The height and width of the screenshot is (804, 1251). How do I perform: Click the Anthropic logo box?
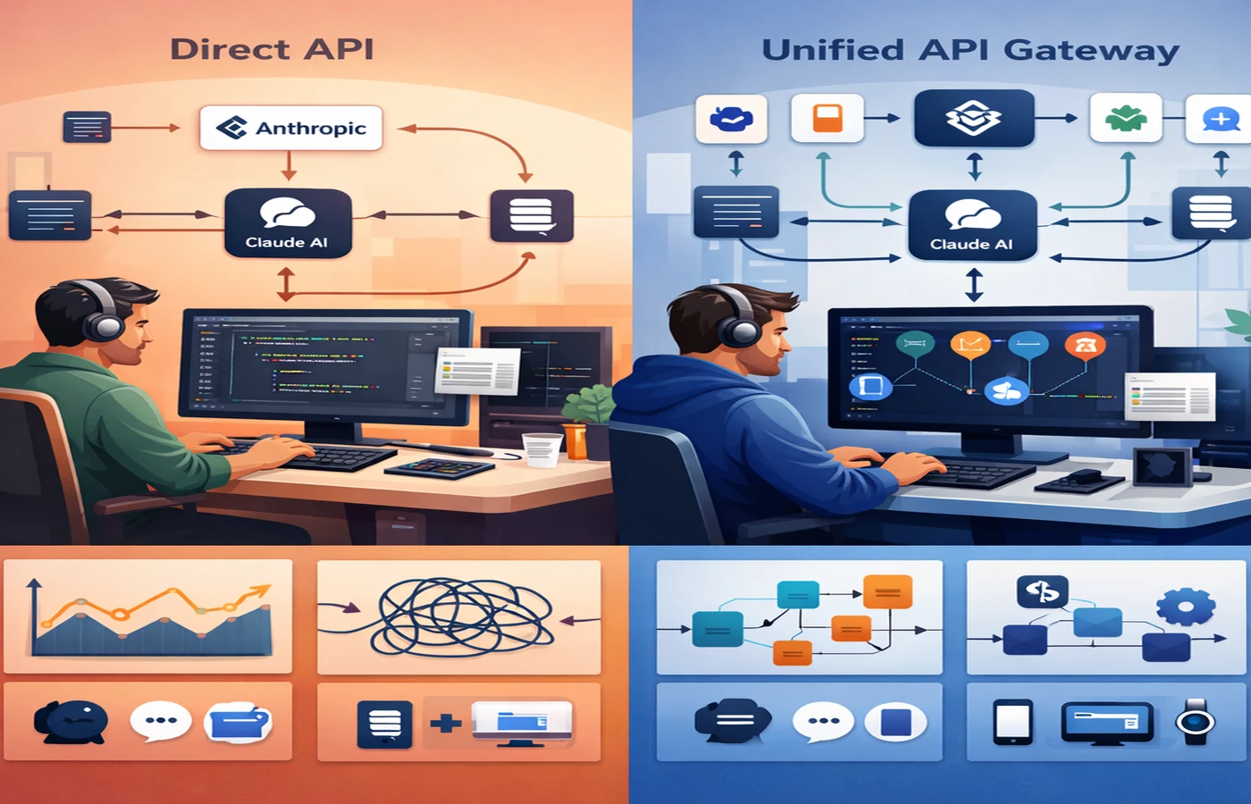click(x=290, y=128)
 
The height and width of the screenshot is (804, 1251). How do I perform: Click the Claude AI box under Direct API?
click(x=287, y=223)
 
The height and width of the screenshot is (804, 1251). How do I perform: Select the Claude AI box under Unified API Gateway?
click(x=972, y=225)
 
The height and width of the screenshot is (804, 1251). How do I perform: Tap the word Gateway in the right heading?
click(x=1091, y=50)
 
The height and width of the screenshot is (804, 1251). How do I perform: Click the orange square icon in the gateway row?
click(x=827, y=118)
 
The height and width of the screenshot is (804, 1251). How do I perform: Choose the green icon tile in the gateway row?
click(x=1125, y=118)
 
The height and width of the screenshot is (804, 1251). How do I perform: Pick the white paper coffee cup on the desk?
click(x=542, y=448)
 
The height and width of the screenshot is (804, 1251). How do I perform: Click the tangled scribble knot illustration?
click(x=460, y=616)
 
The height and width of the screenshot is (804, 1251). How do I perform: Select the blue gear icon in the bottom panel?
click(x=1185, y=607)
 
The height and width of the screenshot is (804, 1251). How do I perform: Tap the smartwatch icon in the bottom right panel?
click(x=1195, y=722)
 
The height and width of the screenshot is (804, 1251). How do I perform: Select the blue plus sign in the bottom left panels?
click(x=445, y=722)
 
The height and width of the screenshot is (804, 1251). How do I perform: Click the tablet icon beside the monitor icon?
click(x=1012, y=722)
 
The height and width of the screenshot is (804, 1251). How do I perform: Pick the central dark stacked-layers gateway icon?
click(x=973, y=118)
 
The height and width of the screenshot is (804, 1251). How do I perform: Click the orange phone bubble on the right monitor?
click(x=1086, y=345)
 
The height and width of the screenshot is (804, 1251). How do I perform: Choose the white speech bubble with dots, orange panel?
click(x=161, y=721)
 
